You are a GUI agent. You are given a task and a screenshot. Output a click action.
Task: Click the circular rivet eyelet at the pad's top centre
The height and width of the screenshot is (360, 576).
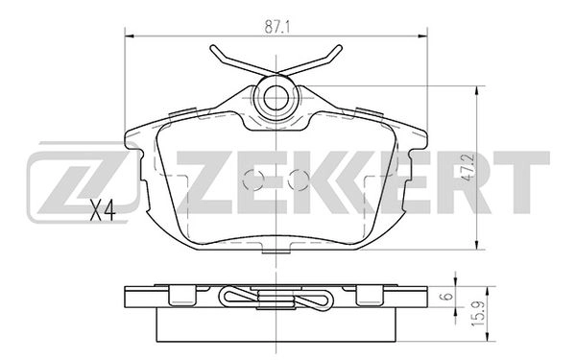[x=276, y=96]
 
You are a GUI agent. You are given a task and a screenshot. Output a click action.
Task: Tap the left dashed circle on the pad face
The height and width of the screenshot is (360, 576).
[x=255, y=180]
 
